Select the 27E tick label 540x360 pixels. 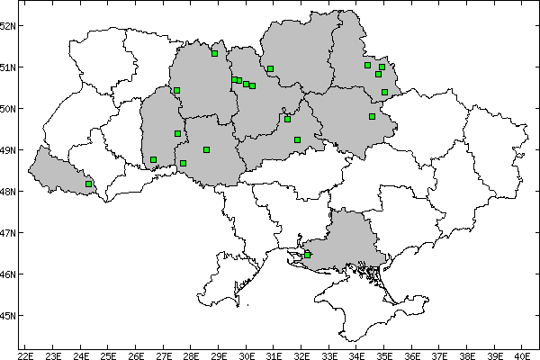pyautogui.click(x=163, y=355)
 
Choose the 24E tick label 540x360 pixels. pyautogui.click(x=80, y=355)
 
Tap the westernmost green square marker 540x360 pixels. pyautogui.click(x=88, y=184)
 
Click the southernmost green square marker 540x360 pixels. pyautogui.click(x=308, y=255)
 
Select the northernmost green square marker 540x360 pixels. pyautogui.click(x=214, y=53)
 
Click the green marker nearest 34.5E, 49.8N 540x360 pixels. pyautogui.click(x=372, y=116)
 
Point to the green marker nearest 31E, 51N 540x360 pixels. pyautogui.click(x=270, y=68)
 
